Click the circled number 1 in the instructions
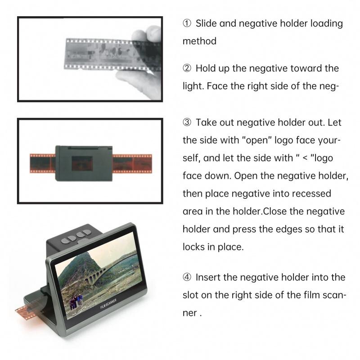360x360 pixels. (187, 23)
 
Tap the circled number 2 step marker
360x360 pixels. (187, 68)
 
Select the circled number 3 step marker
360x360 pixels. (187, 123)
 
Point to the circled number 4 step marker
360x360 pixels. (187, 277)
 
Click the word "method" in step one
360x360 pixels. (199, 41)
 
